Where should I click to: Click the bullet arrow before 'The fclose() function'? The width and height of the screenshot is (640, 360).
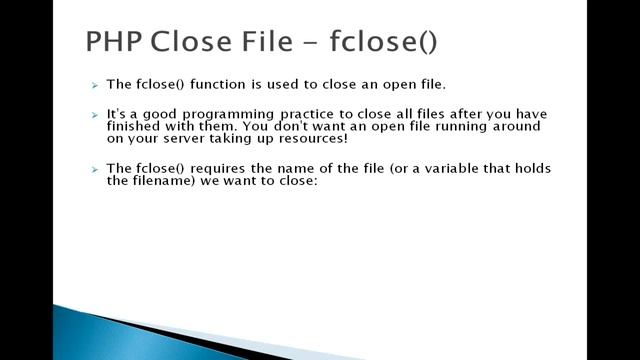(x=94, y=87)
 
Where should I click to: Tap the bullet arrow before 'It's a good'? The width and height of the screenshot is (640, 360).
(x=94, y=116)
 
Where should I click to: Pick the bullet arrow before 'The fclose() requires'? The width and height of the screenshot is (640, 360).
(x=94, y=170)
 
